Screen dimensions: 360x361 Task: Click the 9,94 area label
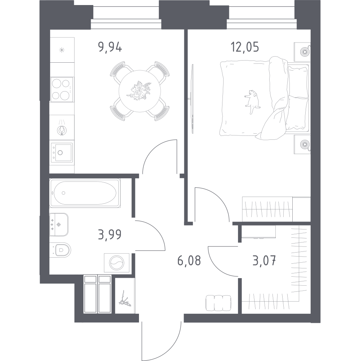(110, 48)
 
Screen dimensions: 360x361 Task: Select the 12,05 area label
(244, 47)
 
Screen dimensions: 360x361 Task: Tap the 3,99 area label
(109, 235)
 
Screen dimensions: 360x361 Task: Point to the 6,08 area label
(189, 260)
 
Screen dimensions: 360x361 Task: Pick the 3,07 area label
(264, 261)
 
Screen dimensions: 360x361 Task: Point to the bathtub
(85, 193)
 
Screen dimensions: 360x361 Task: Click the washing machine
(117, 263)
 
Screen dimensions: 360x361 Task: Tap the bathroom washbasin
(59, 224)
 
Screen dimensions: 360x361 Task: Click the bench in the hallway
(219, 303)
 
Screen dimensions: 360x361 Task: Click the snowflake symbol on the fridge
(62, 50)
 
